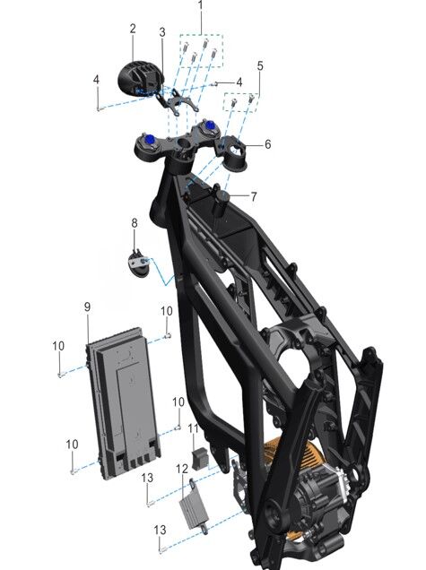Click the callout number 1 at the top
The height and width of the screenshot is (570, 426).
[x=200, y=5]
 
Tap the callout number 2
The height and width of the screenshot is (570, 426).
[x=133, y=29]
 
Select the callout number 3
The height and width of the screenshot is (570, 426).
[x=162, y=32]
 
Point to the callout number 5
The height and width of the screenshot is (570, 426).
[x=260, y=66]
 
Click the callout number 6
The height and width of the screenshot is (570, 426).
[x=268, y=144]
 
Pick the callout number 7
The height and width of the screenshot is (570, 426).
[x=254, y=196]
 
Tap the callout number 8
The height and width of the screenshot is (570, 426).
[x=135, y=223]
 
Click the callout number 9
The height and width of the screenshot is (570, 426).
[x=87, y=307]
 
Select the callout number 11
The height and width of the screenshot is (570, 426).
[x=193, y=428]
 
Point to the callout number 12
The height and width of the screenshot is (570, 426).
[x=182, y=470]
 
